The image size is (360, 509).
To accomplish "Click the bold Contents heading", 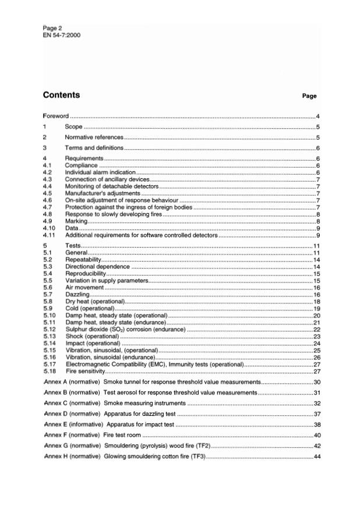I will pos(61,95).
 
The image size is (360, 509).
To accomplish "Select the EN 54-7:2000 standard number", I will pos(61,36).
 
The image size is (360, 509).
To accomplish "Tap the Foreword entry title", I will pos(56,116).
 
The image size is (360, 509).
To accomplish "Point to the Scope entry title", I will pos(74,126).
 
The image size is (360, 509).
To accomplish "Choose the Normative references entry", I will pos(94,137).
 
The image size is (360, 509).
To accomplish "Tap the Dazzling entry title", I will pos(77,295).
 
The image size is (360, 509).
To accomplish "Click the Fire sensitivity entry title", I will pos(85,371).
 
